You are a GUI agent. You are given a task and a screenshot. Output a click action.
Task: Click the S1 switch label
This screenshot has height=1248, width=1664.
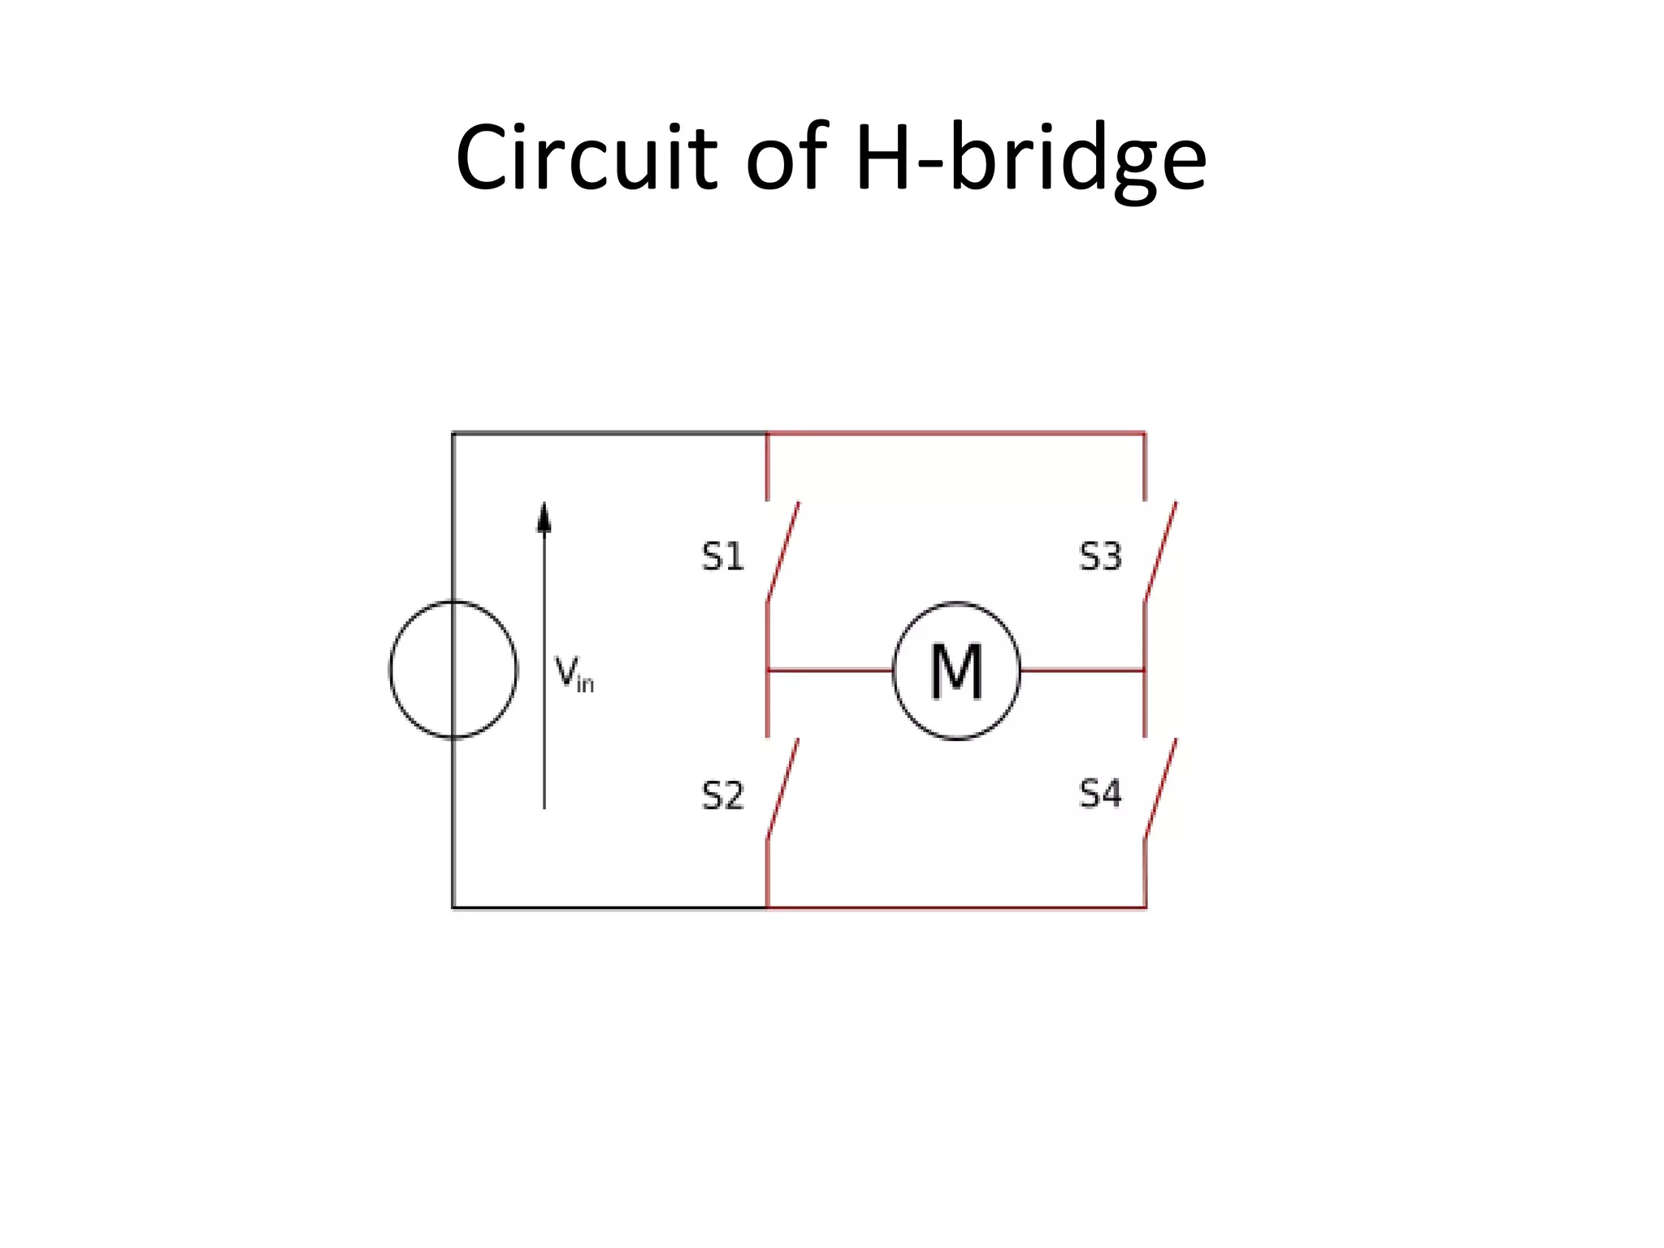(x=722, y=557)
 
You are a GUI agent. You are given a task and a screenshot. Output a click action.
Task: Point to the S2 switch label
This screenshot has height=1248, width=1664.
(x=722, y=795)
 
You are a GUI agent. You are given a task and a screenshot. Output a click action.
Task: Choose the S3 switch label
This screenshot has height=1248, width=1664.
(x=1100, y=557)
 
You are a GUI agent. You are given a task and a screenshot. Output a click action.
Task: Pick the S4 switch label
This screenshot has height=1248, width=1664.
(x=1100, y=794)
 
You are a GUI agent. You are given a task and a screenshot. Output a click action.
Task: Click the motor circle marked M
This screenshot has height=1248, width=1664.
(x=956, y=671)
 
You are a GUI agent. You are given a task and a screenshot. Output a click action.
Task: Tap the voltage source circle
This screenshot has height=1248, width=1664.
(x=453, y=670)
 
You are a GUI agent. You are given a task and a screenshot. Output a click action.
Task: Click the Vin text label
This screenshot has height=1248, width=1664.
(x=574, y=674)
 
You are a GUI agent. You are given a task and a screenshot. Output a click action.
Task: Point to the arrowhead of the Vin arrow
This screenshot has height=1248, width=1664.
(x=544, y=518)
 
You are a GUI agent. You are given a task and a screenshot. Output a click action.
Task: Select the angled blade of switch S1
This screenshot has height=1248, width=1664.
(x=783, y=552)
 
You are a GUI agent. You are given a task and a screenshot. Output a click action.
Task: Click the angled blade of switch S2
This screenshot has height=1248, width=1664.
(x=783, y=788)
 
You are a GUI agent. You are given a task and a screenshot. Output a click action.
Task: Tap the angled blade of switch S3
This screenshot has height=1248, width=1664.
(x=1161, y=552)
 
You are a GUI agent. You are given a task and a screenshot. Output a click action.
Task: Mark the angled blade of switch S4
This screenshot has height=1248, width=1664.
(x=1161, y=788)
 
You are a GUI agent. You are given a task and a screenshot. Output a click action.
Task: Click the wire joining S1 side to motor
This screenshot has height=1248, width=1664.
(x=830, y=670)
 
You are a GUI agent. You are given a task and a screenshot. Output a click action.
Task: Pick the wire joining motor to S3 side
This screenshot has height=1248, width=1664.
(x=1082, y=670)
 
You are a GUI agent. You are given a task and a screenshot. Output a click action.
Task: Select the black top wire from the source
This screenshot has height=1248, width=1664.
(x=609, y=433)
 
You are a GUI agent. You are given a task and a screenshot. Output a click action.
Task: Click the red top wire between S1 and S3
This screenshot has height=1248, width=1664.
(x=956, y=433)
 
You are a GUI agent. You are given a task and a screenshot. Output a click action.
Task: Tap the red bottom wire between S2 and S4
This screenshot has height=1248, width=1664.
(x=956, y=907)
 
